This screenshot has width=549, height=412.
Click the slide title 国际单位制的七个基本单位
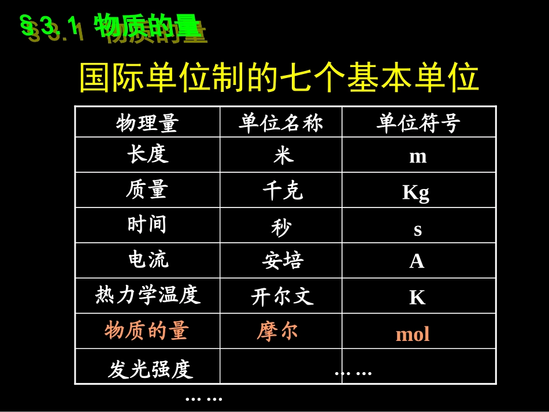pyautogui.click(x=279, y=79)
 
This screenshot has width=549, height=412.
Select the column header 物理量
pyautogui.click(x=147, y=123)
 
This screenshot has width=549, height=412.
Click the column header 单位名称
pyautogui.click(x=281, y=123)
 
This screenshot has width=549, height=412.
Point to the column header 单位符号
pyautogui.click(x=418, y=123)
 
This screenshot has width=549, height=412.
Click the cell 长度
pyautogui.click(x=147, y=154)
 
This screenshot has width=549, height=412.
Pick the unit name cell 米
pyautogui.click(x=283, y=155)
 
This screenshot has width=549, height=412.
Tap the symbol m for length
pyautogui.click(x=418, y=156)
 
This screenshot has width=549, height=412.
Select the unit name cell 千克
pyautogui.click(x=282, y=191)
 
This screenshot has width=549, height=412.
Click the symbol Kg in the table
pyautogui.click(x=416, y=192)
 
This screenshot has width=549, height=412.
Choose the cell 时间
pyautogui.click(x=147, y=224)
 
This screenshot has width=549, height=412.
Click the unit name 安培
pyautogui.click(x=283, y=262)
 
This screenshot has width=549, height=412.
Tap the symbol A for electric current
pyautogui.click(x=417, y=262)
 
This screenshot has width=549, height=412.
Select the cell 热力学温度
pyautogui.click(x=148, y=295)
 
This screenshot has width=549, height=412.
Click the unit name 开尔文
pyautogui.click(x=282, y=297)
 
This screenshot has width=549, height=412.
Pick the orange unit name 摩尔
pyautogui.click(x=277, y=331)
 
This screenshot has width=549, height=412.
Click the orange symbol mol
pyautogui.click(x=413, y=334)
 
